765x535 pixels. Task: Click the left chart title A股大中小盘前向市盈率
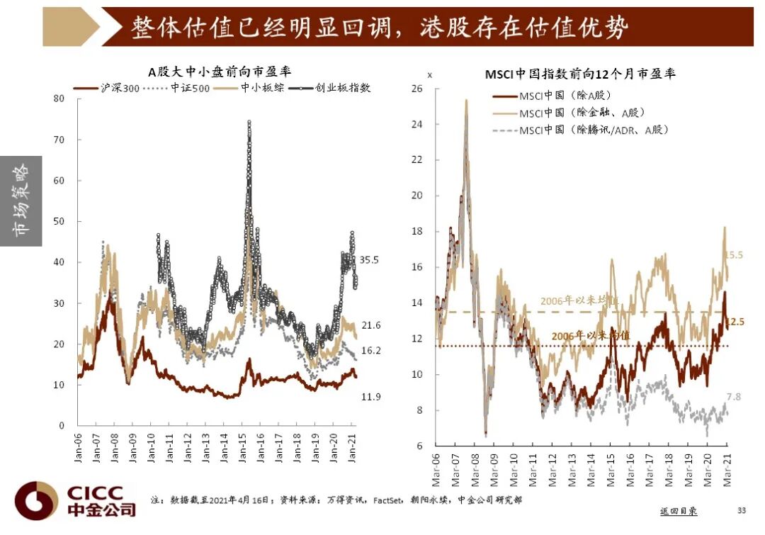click(x=220, y=72)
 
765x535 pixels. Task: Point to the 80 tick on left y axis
click(x=59, y=98)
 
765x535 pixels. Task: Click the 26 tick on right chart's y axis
click(x=416, y=89)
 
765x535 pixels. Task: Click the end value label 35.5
click(x=370, y=260)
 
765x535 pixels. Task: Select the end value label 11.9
click(x=371, y=397)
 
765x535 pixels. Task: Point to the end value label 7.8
click(x=733, y=397)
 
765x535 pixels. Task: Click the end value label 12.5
click(x=735, y=322)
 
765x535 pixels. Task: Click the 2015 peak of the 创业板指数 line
click(x=249, y=123)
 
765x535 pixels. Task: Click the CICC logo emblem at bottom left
click(x=36, y=500)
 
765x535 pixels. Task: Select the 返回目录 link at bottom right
click(x=679, y=510)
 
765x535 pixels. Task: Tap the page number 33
click(x=742, y=510)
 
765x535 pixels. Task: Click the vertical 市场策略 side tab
click(x=21, y=201)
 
